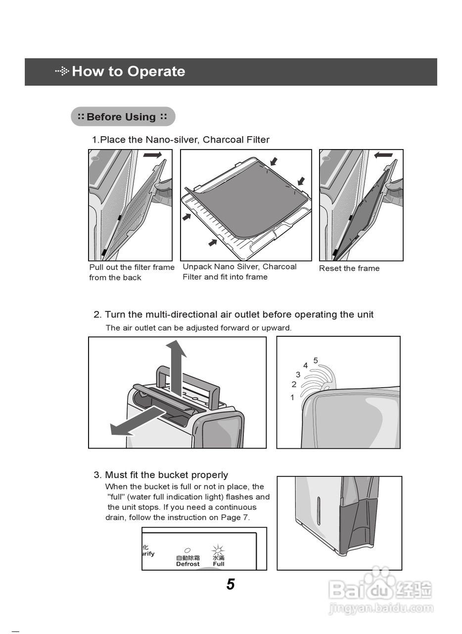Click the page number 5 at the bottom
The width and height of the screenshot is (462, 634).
pyautogui.click(x=231, y=584)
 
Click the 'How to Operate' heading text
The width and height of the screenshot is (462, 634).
pyautogui.click(x=128, y=71)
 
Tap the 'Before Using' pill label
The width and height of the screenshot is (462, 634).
pyautogui.click(x=123, y=117)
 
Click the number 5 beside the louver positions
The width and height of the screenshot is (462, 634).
pyautogui.click(x=316, y=361)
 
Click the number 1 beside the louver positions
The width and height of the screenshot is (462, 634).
pyautogui.click(x=292, y=397)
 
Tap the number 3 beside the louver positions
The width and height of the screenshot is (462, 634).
pyautogui.click(x=298, y=375)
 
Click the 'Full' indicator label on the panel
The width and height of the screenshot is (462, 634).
pyautogui.click(x=219, y=564)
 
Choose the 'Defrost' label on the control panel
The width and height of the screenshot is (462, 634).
pyautogui.click(x=188, y=564)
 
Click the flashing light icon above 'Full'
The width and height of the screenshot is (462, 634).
pyautogui.click(x=218, y=550)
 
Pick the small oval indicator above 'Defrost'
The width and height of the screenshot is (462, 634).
pyautogui.click(x=187, y=550)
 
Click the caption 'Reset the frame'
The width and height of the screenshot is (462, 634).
pyautogui.click(x=349, y=268)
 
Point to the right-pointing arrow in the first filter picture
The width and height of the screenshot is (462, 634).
pyautogui.click(x=152, y=155)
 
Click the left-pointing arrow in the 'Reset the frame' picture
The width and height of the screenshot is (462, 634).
pyautogui.click(x=383, y=155)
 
